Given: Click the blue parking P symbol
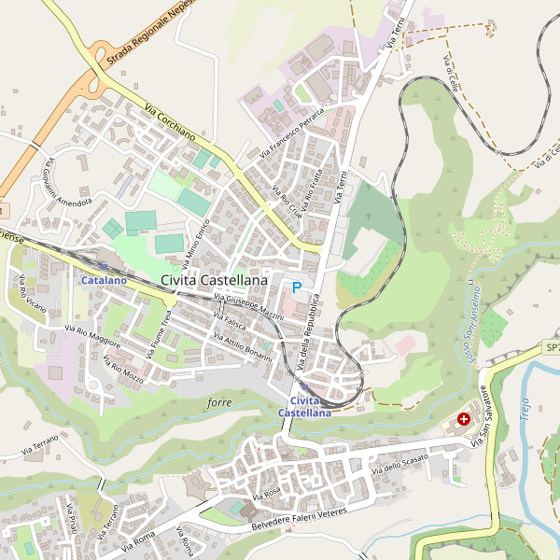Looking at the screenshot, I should (297, 287).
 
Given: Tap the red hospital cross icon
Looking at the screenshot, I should (464, 421).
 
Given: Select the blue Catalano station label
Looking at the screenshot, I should (103, 280).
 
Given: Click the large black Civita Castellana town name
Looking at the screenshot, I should (214, 279).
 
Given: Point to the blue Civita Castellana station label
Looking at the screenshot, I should (304, 406).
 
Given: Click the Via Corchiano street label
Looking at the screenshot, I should (170, 123).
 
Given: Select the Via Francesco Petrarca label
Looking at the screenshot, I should (291, 133).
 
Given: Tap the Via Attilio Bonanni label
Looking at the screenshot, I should (243, 348).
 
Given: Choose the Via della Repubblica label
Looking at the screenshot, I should (315, 330).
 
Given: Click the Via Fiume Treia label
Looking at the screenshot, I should (164, 333).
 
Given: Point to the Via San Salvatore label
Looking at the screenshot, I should (481, 414).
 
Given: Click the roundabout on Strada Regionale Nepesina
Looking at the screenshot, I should (96, 84).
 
